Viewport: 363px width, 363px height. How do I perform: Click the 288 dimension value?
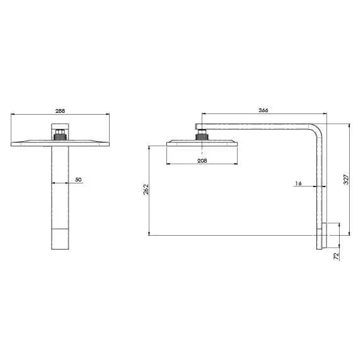[x=60, y=111]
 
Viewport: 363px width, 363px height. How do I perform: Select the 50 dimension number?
[x=78, y=180]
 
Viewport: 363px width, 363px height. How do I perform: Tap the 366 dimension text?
[x=263, y=110]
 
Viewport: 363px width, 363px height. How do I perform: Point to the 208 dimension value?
[x=202, y=161]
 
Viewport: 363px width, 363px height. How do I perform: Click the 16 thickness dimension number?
[x=299, y=183]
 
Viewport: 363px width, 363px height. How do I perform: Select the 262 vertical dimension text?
[x=146, y=190]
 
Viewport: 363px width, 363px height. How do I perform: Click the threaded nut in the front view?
[x=60, y=135]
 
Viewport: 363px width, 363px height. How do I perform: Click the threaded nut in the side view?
[x=201, y=135]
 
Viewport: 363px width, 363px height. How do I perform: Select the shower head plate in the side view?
[x=202, y=143]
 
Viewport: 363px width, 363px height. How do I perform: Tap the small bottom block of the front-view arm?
[x=60, y=240]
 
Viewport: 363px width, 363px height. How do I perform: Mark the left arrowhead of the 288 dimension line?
[x=13, y=115]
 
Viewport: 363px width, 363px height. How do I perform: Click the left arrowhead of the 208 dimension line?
[x=168, y=165]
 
